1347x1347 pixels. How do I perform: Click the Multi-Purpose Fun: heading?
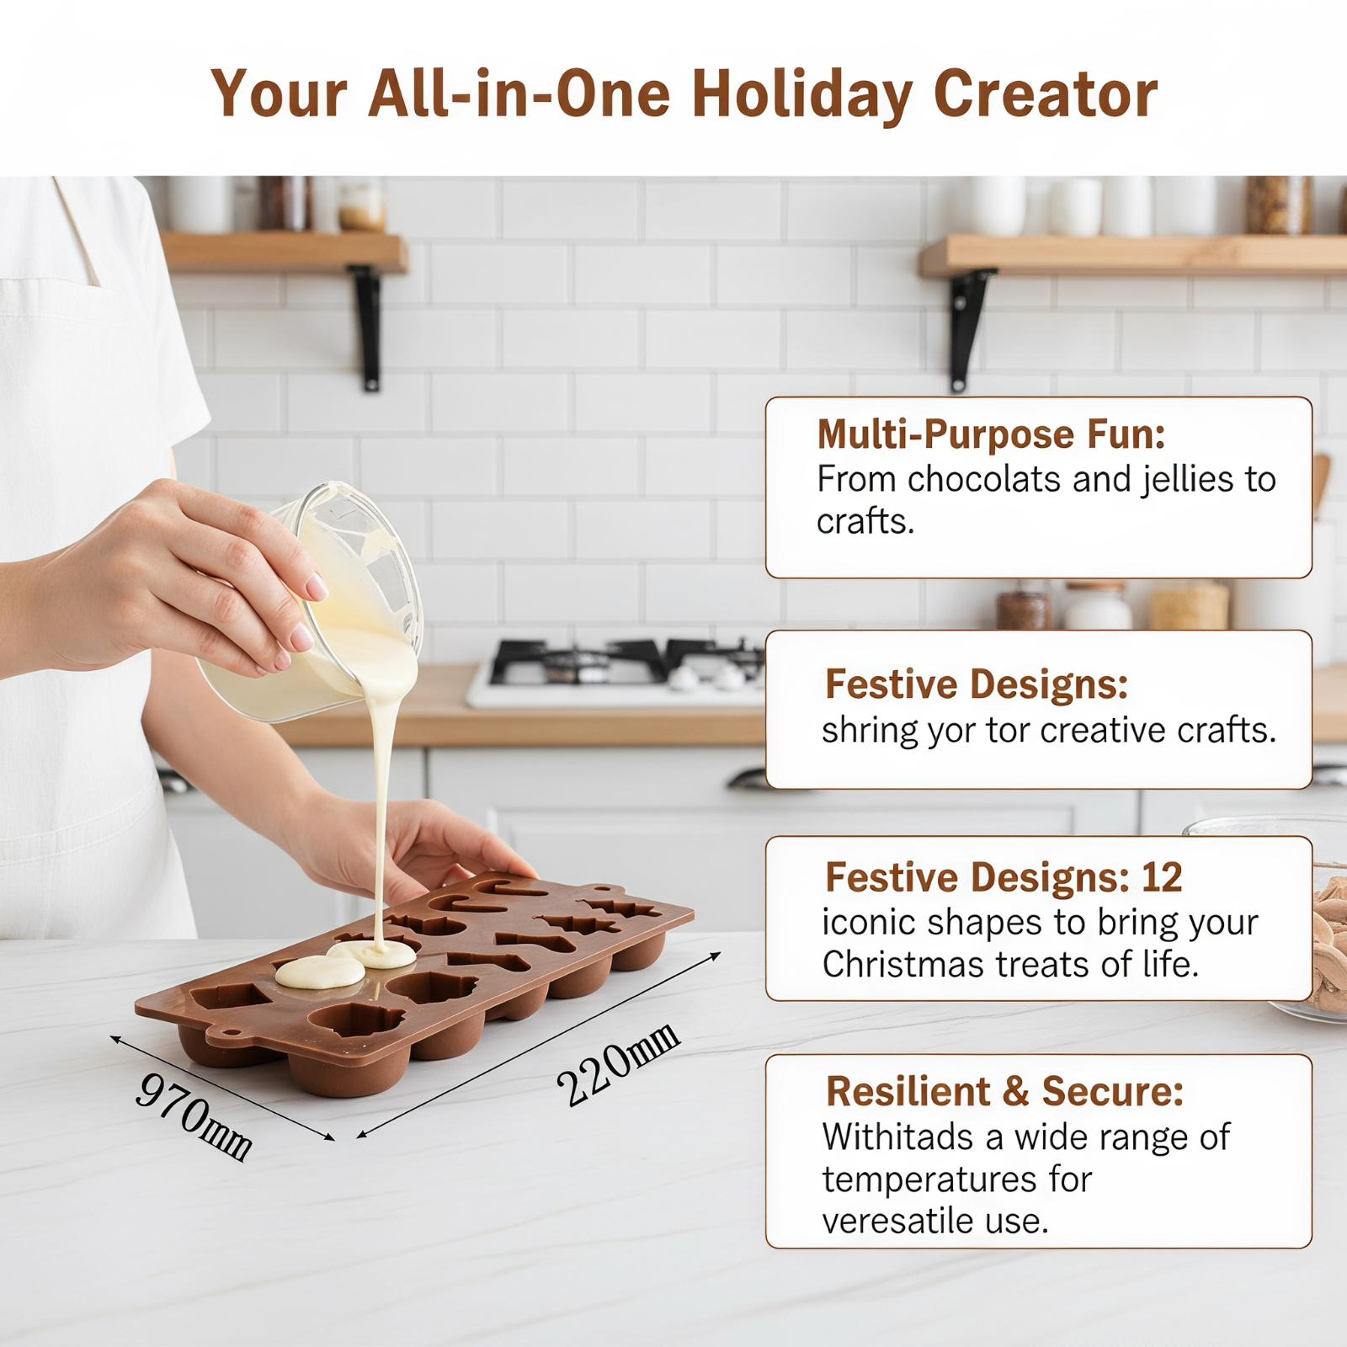(x=991, y=434)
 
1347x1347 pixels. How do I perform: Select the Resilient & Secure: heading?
(x=1004, y=1091)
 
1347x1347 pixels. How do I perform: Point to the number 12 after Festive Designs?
(x=1162, y=877)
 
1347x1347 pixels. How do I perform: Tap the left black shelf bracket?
(x=367, y=327)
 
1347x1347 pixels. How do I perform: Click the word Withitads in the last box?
(x=897, y=1137)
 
